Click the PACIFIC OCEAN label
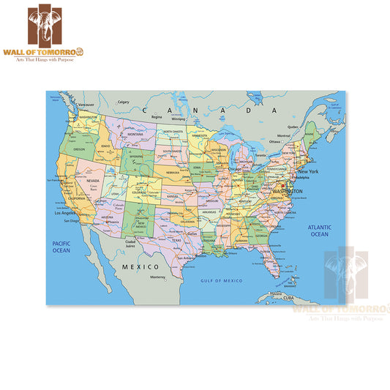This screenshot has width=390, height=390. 60,247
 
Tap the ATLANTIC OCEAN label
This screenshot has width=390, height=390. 319,230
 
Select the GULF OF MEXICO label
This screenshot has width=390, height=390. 222,280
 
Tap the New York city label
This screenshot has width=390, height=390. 308,171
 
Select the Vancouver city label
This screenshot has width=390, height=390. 86,105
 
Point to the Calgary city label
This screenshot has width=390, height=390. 124,102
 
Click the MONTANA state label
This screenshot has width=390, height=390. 136,135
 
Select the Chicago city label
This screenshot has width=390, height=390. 234,168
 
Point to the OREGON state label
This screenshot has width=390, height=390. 79,149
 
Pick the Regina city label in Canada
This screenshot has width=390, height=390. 157,116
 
